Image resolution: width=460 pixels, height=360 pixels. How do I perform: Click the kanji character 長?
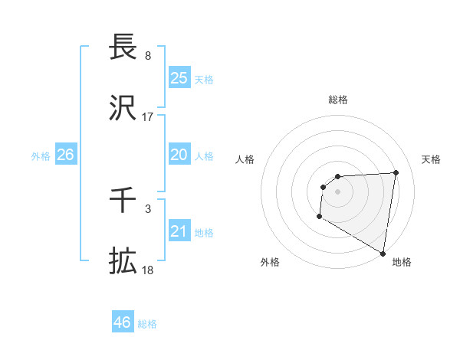click(123, 47)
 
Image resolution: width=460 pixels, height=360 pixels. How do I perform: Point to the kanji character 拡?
click(123, 260)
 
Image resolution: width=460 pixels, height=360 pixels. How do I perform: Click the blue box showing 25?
click(179, 78)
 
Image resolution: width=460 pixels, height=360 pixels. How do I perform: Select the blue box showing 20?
click(179, 155)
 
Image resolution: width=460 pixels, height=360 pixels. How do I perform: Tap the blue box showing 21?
click(179, 231)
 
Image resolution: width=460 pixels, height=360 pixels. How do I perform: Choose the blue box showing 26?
click(65, 155)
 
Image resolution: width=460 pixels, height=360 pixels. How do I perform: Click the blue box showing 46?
click(123, 322)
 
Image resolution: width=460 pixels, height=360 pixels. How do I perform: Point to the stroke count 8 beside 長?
click(147, 56)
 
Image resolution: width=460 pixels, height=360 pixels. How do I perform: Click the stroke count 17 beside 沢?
click(147, 117)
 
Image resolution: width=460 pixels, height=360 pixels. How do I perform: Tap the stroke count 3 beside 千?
click(147, 209)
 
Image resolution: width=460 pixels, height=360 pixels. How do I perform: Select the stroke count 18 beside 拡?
click(147, 270)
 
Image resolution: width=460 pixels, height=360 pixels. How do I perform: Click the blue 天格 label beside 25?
click(204, 79)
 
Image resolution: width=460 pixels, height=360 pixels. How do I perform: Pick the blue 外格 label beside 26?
click(41, 155)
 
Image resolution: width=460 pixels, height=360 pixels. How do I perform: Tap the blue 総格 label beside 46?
click(147, 323)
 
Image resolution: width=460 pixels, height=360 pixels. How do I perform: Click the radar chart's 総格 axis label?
click(337, 100)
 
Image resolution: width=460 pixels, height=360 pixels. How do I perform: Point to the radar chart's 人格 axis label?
click(245, 159)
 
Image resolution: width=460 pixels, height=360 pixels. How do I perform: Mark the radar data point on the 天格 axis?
click(396, 172)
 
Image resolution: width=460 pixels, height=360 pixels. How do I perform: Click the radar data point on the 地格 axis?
click(383, 253)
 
